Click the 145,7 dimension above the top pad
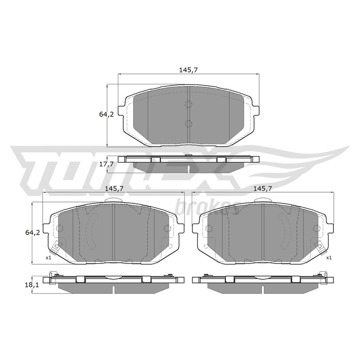(x=188, y=70)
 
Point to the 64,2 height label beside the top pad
(x=107, y=114)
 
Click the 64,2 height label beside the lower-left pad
(x=32, y=233)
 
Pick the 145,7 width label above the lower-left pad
(x=114, y=189)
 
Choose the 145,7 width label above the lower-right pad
(x=263, y=189)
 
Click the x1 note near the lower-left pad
(x=48, y=258)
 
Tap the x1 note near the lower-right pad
(x=329, y=258)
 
